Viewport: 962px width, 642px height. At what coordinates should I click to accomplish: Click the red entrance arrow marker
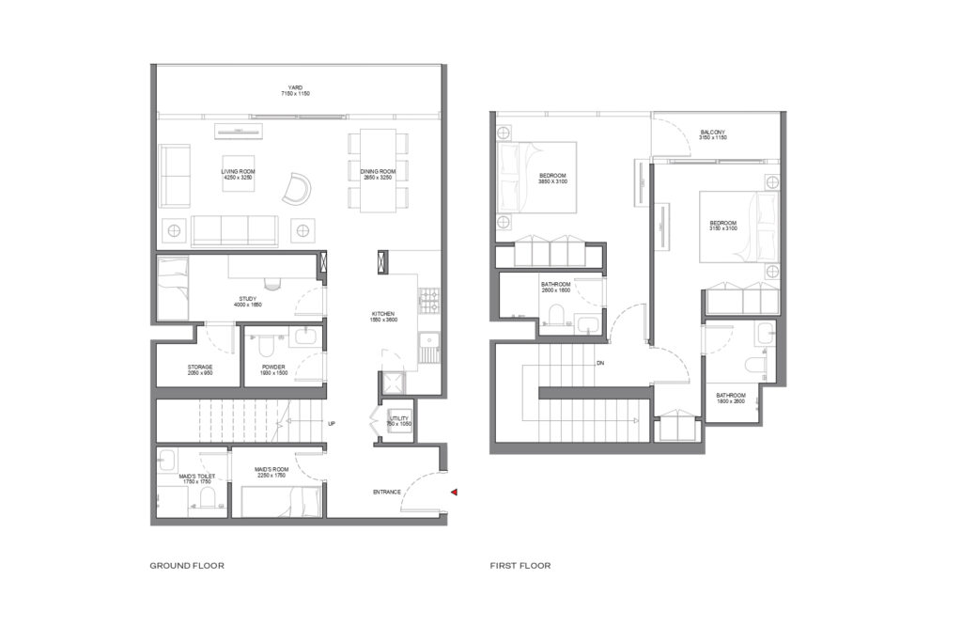454,492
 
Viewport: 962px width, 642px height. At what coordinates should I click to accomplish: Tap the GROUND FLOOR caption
186,566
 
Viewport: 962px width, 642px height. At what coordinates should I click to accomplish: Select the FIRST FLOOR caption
520,566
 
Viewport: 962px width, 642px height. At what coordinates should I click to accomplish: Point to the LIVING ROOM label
237,174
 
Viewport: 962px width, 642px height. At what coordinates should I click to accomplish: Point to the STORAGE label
200,369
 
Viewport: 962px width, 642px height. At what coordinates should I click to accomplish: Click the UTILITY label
399,420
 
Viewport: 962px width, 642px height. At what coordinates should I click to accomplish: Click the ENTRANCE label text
386,492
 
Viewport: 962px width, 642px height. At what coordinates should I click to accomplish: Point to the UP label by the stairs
332,423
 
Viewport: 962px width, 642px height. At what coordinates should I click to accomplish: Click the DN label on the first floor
598,363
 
